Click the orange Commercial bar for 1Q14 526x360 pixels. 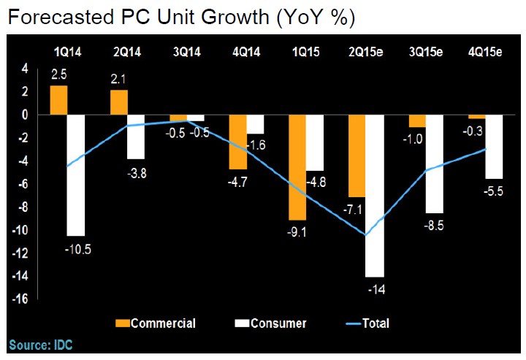pos(58,101)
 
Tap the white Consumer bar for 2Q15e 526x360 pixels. pos(376,196)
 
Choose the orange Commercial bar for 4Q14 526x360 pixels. pos(238,142)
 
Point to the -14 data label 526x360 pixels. pos(376,289)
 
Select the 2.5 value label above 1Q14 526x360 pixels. pos(58,74)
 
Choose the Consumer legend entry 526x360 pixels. pos(274,323)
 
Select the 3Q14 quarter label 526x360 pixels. pos(188,52)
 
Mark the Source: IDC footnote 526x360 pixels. pos(41,344)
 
